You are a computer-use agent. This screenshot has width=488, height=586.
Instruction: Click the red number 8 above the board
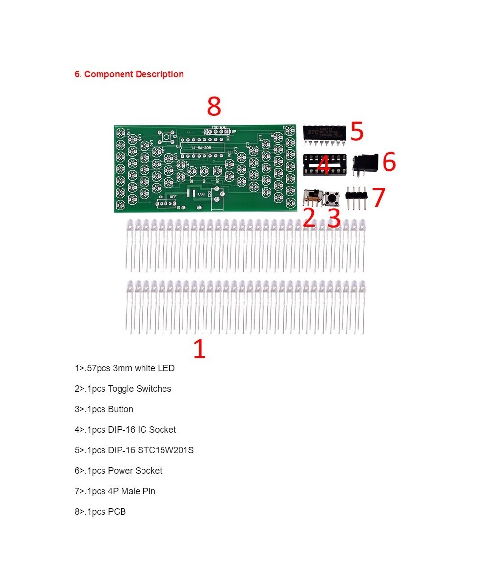(x=214, y=106)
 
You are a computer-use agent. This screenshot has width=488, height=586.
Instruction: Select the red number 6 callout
(x=388, y=162)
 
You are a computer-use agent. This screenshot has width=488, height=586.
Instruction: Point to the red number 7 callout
(x=378, y=197)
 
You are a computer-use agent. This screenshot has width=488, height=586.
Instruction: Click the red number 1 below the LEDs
(x=199, y=350)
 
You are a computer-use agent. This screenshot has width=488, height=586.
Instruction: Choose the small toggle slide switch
(x=311, y=197)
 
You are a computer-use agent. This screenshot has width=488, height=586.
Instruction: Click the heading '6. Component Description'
(x=129, y=74)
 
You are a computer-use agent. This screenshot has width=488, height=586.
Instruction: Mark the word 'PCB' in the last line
(x=117, y=512)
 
